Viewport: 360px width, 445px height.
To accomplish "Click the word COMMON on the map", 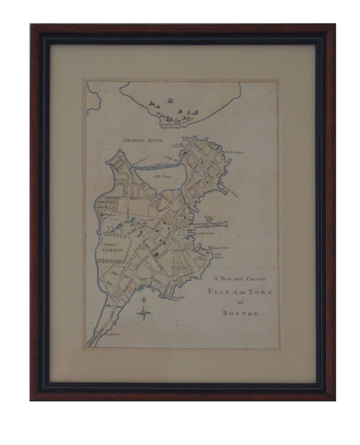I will [x=112, y=249].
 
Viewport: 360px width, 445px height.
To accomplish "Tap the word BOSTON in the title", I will [x=240, y=313].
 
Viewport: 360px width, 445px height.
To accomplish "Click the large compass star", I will [x=144, y=313].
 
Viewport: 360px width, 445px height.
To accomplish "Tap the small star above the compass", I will [x=144, y=299].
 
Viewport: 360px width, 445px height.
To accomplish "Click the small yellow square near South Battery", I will [x=211, y=248].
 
